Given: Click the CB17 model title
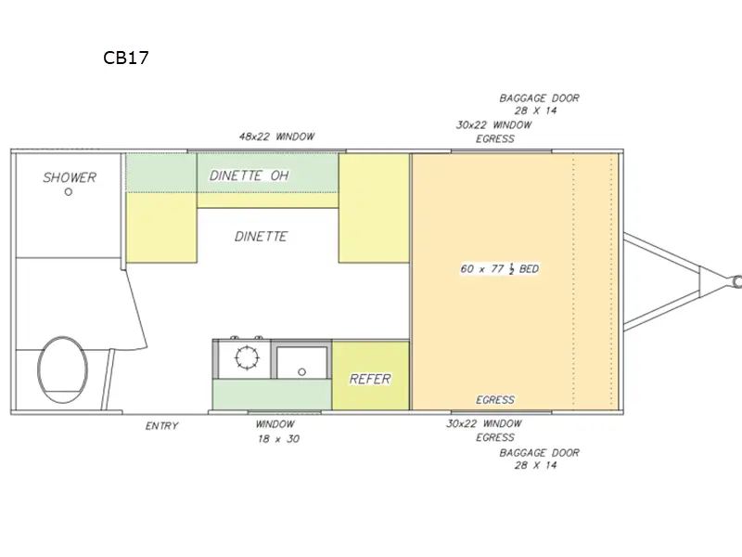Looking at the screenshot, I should [126, 58].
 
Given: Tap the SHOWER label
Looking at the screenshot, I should [70, 177].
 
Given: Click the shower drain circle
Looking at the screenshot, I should [69, 192].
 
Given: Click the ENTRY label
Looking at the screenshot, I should [161, 426].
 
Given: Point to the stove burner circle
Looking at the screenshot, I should [248, 357].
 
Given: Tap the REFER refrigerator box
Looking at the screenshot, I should [370, 379].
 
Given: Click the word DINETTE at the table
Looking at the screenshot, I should [260, 237].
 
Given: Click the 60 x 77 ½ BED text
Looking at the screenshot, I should [499, 269].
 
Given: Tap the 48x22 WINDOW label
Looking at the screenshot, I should [276, 136].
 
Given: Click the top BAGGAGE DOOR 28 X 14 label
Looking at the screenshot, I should [540, 104].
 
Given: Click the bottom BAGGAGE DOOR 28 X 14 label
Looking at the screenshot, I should [540, 459].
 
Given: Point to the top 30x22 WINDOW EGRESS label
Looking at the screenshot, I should [494, 132].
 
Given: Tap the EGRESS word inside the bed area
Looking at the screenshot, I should [495, 400].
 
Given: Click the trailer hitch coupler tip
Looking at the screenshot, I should [737, 278].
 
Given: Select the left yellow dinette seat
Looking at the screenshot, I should [160, 227].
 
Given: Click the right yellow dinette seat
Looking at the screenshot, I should [374, 209].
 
